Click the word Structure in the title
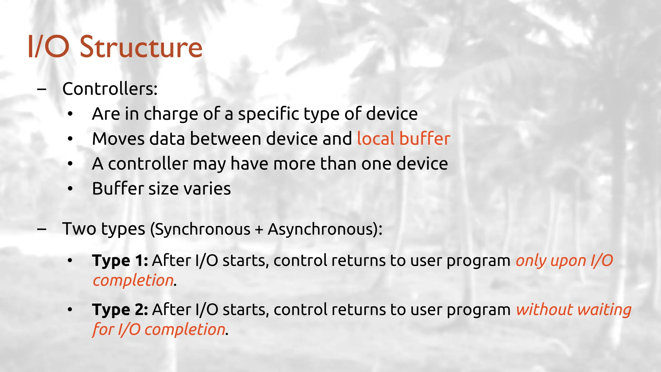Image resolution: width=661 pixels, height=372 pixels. pos(141,47)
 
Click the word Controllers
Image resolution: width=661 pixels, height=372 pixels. pos(110,89)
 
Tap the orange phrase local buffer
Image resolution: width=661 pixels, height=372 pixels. pos(403,139)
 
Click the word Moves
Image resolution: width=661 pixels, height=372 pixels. pos(118,139)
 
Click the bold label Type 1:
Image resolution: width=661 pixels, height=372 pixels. pos(120,261)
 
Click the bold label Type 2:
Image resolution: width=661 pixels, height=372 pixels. pos(120,310)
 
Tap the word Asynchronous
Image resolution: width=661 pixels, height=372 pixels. pos(323,230)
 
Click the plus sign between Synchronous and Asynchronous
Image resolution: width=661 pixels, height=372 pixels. pos(259,230)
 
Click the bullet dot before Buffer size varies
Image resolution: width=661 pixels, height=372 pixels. pos(70,189)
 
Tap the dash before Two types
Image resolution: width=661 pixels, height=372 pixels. pos(41,229)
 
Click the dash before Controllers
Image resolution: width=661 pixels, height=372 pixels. pos(41,89)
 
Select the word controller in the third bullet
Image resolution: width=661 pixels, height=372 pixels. pos(148,164)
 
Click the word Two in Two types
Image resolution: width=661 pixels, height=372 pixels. pos(79,229)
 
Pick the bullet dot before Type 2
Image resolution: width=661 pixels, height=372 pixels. pos(70,309)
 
